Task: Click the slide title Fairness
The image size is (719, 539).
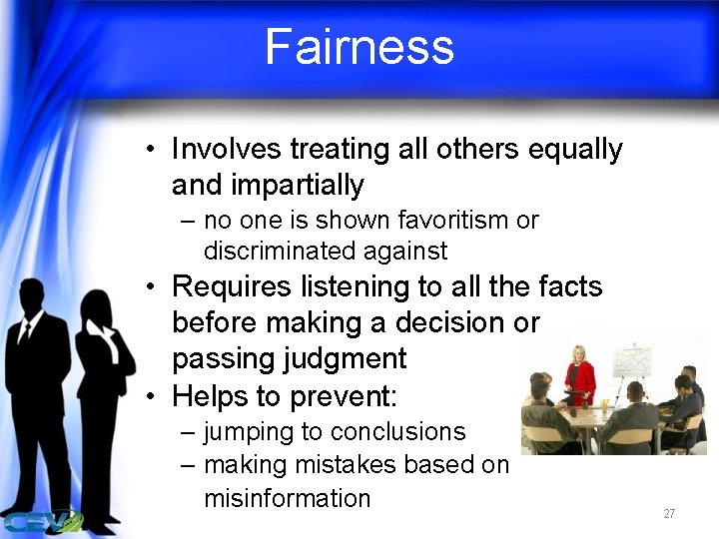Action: [359, 47]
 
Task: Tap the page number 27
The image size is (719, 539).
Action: [669, 514]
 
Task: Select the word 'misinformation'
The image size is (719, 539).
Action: [287, 498]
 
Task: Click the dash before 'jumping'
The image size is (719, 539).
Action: [189, 433]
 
